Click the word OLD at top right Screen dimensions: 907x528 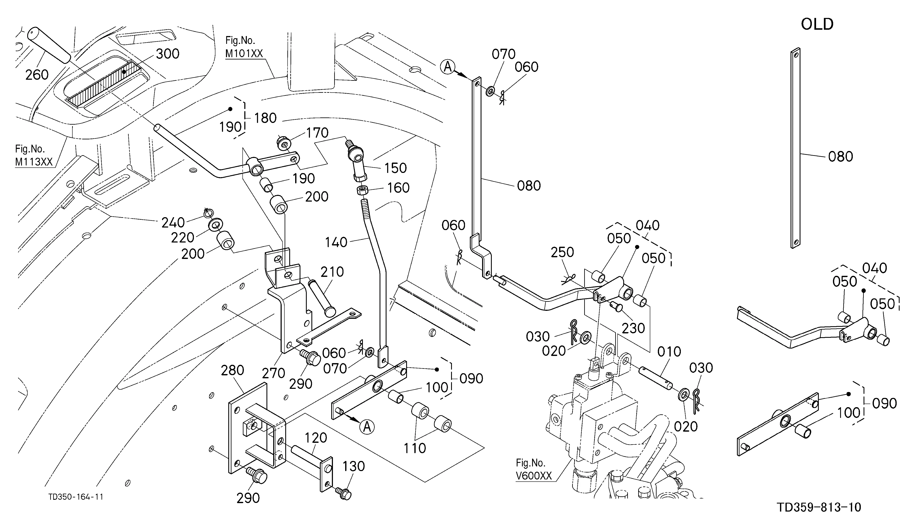[x=817, y=24]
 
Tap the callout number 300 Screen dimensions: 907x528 [x=168, y=54]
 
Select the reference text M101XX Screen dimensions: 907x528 [x=244, y=54]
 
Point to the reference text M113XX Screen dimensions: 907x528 [x=34, y=162]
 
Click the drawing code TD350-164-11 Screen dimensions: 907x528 [x=76, y=497]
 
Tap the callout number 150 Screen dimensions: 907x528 [x=396, y=168]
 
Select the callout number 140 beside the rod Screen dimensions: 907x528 [x=336, y=242]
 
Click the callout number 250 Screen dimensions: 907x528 [x=562, y=252]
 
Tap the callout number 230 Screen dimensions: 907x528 [x=633, y=328]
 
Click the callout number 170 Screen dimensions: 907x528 [x=317, y=133]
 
